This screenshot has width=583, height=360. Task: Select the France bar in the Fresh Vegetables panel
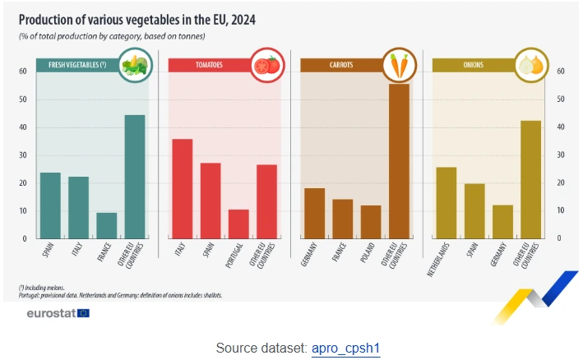107,225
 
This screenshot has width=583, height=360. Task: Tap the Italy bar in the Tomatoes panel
183,189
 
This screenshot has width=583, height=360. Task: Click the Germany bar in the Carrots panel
314,213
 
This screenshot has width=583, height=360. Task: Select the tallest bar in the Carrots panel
399,161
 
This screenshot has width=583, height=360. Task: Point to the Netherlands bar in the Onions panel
446,202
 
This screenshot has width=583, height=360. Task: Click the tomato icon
266,65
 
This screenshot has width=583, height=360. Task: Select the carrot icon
398,65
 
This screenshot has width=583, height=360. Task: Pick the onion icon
530,65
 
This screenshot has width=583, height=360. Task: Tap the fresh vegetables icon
134,65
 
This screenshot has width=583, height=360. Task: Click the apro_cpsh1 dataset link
345,348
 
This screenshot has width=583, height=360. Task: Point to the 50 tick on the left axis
25,99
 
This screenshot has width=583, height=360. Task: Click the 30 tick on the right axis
560,155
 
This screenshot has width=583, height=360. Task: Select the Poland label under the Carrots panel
368,254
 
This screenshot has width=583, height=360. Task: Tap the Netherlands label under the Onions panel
443,260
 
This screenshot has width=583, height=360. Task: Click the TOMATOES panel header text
208,64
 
